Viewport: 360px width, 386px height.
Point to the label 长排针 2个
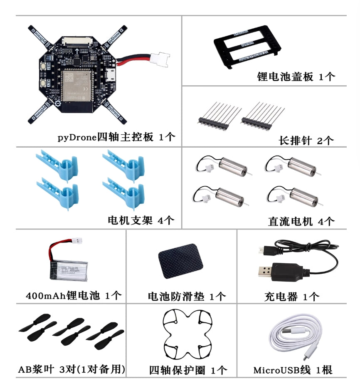pyautogui.click(x=306, y=141)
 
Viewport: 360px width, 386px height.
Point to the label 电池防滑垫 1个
pyautogui.click(x=187, y=297)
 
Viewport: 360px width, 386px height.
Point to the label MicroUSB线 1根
pyautogui.click(x=293, y=370)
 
